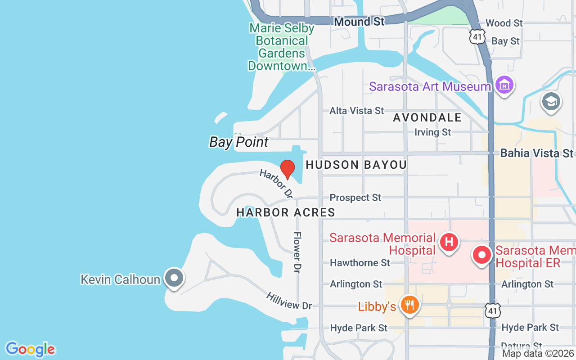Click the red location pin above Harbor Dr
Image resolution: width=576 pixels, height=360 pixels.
coord(288,169)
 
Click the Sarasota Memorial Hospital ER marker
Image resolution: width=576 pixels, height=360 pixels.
coord(482,255)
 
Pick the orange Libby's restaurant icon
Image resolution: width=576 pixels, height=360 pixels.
coord(409,305)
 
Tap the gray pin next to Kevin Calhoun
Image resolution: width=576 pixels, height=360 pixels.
coord(174,278)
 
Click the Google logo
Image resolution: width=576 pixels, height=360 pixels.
coord(30,349)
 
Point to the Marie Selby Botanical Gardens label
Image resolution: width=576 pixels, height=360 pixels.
coord(282,47)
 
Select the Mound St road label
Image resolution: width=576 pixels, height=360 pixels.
coord(359,21)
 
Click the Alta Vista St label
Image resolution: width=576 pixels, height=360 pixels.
coord(356,110)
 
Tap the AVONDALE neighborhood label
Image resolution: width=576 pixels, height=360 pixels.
coord(427,117)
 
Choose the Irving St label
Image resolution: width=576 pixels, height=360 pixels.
coord(432,132)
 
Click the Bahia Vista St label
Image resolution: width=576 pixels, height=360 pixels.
coord(537,153)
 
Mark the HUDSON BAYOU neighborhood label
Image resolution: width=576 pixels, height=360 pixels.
coord(356,165)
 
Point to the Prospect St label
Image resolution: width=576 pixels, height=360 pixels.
coord(355,198)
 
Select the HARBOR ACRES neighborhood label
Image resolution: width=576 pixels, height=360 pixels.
coord(286,212)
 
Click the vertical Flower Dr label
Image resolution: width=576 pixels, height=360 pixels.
coord(297,252)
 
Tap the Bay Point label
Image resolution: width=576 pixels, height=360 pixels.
coord(239,142)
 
